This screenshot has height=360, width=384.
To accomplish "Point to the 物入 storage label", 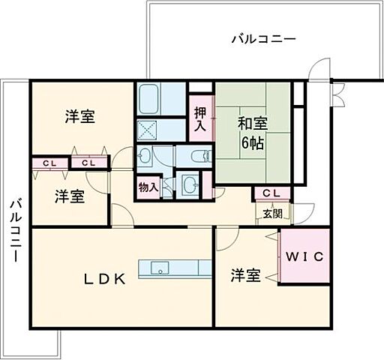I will pyautogui.click(x=147, y=187).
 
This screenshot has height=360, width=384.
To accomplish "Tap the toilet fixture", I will pyautogui.click(x=199, y=157).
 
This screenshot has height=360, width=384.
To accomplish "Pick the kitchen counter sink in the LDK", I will pyautogui.click(x=160, y=267).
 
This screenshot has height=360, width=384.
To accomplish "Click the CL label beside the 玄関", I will pyautogui.click(x=271, y=193).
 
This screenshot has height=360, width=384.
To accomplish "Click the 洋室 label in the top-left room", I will pyautogui.click(x=79, y=117).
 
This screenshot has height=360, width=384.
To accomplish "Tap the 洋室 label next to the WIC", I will pyautogui.click(x=245, y=276).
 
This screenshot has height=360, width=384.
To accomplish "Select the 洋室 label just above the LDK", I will pyautogui.click(x=68, y=196).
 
